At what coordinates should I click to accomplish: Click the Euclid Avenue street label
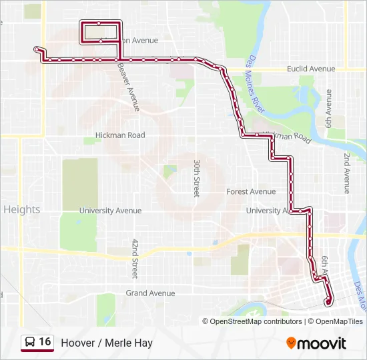pyautogui.click(x=311, y=69)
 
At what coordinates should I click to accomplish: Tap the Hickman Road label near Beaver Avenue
pyautogui.click(x=120, y=135)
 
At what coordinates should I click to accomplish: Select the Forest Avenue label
pyautogui.click(x=251, y=192)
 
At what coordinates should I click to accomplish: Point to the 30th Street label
pyautogui.click(x=197, y=177)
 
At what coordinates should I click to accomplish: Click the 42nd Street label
pyautogui.click(x=135, y=259)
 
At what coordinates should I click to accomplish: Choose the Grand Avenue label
pyautogui.click(x=151, y=293)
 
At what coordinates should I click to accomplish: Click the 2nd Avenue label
pyautogui.click(x=347, y=173)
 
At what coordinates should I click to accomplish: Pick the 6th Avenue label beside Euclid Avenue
pyautogui.click(x=328, y=109)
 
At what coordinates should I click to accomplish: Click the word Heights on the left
pyautogui.click(x=22, y=209)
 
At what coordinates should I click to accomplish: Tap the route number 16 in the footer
pyautogui.click(x=45, y=342)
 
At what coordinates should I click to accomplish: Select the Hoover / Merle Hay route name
pyautogui.click(x=107, y=343)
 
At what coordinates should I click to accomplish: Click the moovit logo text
pyautogui.click(x=322, y=343)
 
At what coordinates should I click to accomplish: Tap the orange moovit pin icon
pyautogui.click(x=292, y=343)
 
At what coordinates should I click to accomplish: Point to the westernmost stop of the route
pyautogui.click(x=37, y=49)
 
